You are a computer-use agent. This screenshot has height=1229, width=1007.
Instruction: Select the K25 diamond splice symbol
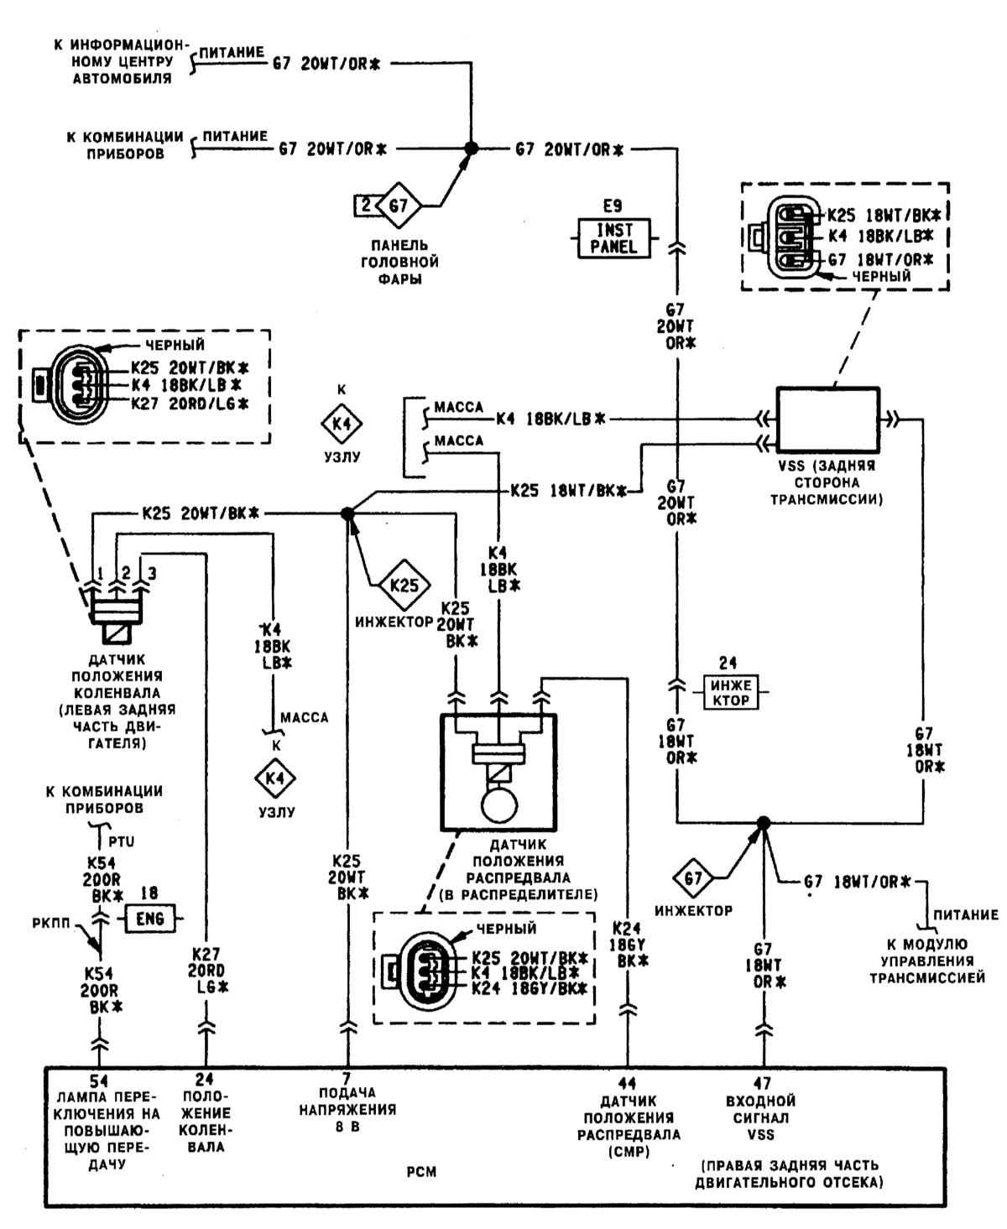point(405,584)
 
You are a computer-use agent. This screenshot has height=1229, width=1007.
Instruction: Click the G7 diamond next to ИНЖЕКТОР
point(692,879)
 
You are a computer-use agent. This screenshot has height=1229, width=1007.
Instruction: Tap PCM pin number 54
point(99,1082)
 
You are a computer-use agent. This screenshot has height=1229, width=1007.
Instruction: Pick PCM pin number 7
point(346,1078)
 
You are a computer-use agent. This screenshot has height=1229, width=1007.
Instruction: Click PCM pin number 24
point(205,1082)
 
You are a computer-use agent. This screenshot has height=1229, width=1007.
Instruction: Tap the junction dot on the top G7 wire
point(471,148)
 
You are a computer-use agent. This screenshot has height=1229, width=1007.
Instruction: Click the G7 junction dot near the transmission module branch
point(763,822)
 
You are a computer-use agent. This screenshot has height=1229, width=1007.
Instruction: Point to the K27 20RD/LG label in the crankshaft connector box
point(190,404)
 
